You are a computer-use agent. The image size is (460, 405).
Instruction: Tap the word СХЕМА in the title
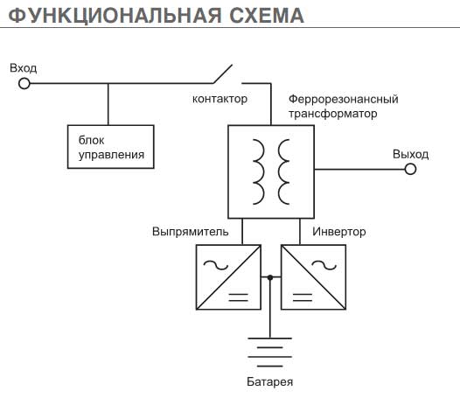(267, 15)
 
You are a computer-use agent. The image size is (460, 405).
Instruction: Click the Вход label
(24, 68)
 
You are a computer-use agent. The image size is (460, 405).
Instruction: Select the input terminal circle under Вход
(24, 84)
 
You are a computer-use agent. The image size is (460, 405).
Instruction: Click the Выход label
(411, 154)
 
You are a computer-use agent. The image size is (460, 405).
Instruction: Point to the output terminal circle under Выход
(410, 169)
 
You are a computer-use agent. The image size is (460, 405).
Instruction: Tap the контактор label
(220, 99)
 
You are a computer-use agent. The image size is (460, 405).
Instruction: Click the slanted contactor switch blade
(223, 74)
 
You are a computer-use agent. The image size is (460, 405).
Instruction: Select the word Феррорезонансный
(344, 99)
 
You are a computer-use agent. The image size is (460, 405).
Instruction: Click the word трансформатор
(333, 114)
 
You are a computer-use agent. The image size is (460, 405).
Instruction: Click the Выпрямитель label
(191, 232)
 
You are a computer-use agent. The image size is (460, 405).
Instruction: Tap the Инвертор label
(339, 232)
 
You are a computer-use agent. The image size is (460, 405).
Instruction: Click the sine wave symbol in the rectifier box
(216, 265)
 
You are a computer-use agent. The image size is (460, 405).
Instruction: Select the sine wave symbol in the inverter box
(324, 265)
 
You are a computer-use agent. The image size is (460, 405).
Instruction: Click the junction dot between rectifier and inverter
(270, 277)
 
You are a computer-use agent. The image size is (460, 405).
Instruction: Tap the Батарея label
(270, 381)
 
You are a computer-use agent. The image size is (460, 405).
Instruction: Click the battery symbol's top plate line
(270, 339)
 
